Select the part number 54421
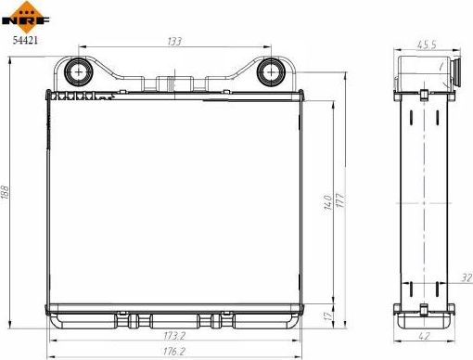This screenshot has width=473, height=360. (25, 40)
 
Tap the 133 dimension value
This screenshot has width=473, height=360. (173, 41)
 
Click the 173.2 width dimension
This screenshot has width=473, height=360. (173, 334)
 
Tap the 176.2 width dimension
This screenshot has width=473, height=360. (173, 352)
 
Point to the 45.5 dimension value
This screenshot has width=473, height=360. (427, 43)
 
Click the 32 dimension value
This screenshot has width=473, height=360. (466, 277)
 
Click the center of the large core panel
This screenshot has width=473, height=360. (173, 199)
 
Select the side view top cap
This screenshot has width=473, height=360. (427, 73)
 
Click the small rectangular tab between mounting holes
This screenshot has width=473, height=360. (173, 82)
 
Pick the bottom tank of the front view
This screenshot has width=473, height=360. (173, 320)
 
